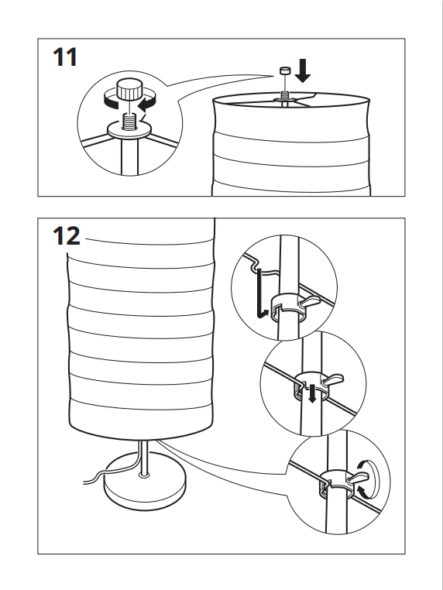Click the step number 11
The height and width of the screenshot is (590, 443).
click(x=65, y=57)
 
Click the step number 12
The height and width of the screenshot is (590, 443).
click(x=67, y=236)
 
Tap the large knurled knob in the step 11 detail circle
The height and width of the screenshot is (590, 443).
click(x=129, y=89)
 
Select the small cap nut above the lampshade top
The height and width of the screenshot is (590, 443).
click(x=284, y=70)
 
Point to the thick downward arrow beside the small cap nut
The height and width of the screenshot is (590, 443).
click(x=303, y=70)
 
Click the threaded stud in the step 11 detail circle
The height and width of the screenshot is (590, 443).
click(x=130, y=122)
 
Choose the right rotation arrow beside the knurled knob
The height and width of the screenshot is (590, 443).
click(x=147, y=101)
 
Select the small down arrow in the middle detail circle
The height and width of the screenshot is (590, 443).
click(x=311, y=393)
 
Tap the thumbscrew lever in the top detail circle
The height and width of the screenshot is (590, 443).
click(x=309, y=301)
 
